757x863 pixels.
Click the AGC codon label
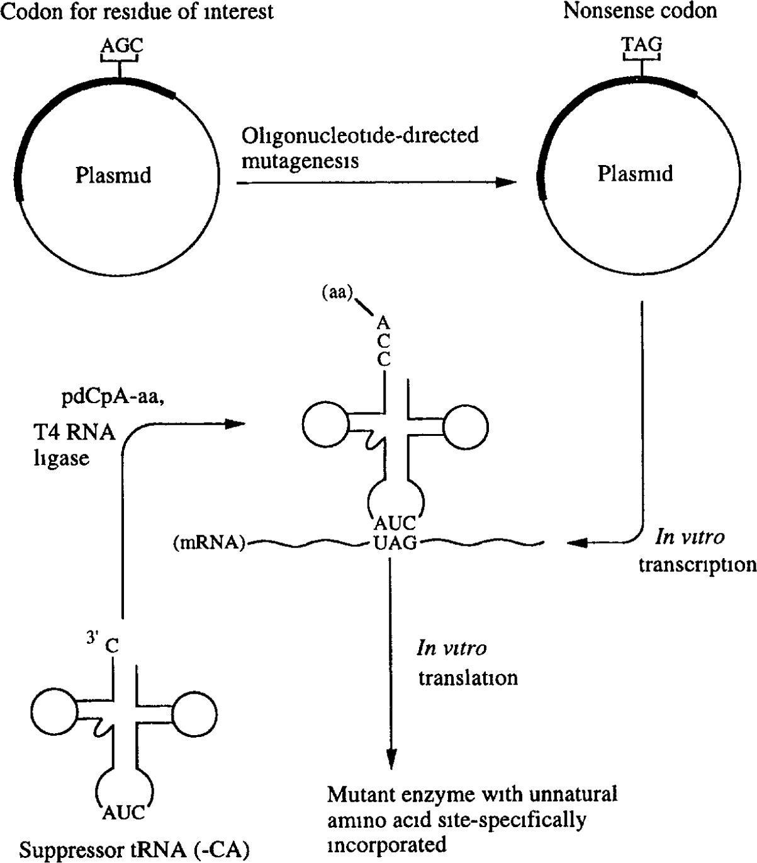(122, 45)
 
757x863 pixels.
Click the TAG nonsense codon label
(641, 45)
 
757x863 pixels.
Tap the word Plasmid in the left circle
(113, 174)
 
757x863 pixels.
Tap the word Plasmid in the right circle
(635, 173)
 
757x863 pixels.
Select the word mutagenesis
(300, 161)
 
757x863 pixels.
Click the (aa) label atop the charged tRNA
(342, 294)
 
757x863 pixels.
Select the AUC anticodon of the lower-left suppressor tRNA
(123, 813)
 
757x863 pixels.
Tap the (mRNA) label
(209, 542)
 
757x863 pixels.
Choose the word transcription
(697, 564)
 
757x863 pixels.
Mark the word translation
(468, 677)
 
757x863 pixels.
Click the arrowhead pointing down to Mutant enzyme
(391, 757)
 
